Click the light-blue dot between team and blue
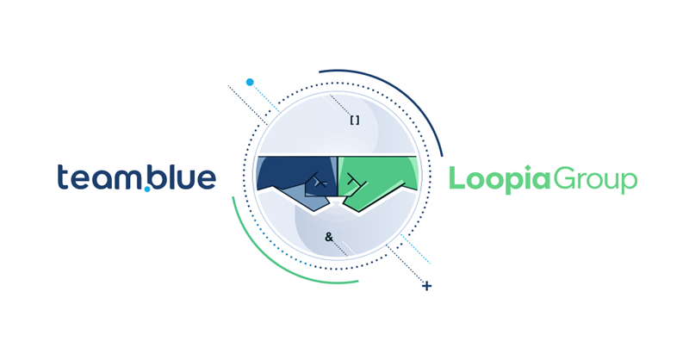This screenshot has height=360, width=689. [147, 189]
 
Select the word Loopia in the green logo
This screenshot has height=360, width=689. [500, 179]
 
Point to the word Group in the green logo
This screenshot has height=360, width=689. [594, 180]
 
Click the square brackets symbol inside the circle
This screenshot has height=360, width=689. [355, 120]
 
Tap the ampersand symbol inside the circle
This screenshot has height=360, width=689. [329, 238]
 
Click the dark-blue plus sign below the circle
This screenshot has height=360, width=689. [426, 286]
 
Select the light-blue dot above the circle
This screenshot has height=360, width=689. [250, 82]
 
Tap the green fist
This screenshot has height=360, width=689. [378, 181]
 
